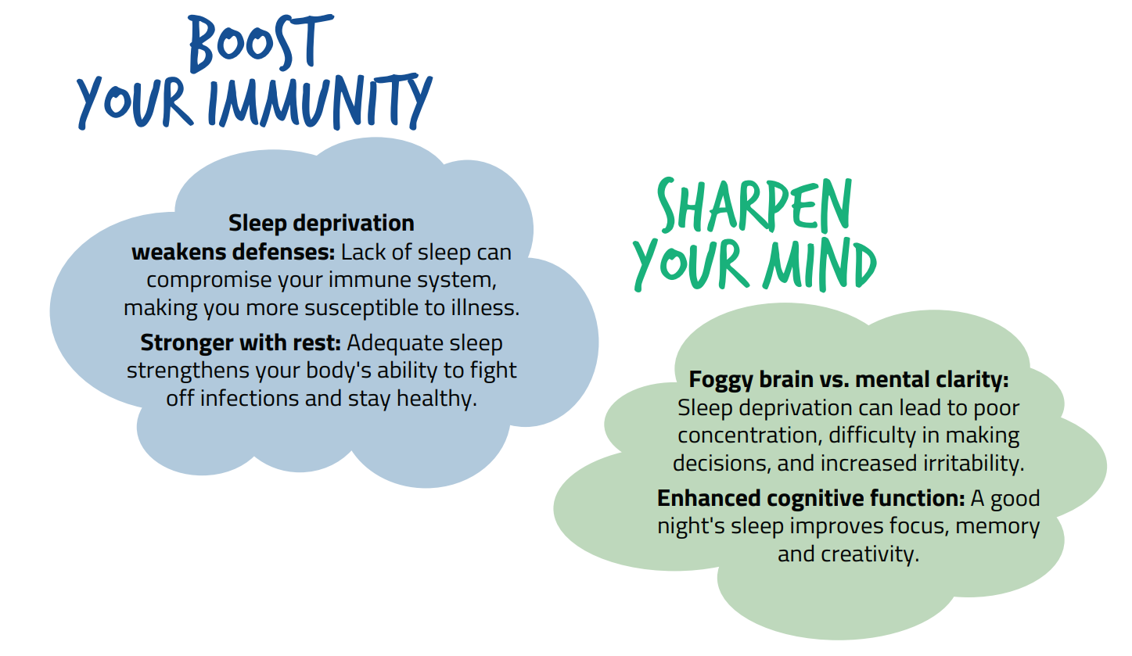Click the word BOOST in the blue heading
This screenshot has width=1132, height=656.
[261, 43]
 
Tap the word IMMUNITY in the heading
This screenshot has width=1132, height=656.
[321, 101]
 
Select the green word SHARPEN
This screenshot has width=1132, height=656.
[754, 206]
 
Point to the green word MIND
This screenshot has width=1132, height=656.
[820, 264]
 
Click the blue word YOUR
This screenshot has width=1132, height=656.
[135, 102]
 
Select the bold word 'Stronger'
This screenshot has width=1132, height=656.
[186, 343]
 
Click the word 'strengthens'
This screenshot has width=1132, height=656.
[188, 371]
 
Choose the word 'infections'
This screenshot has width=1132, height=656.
[250, 399]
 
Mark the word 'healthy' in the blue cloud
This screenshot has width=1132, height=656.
[437, 399]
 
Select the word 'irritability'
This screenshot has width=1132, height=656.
[973, 464]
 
